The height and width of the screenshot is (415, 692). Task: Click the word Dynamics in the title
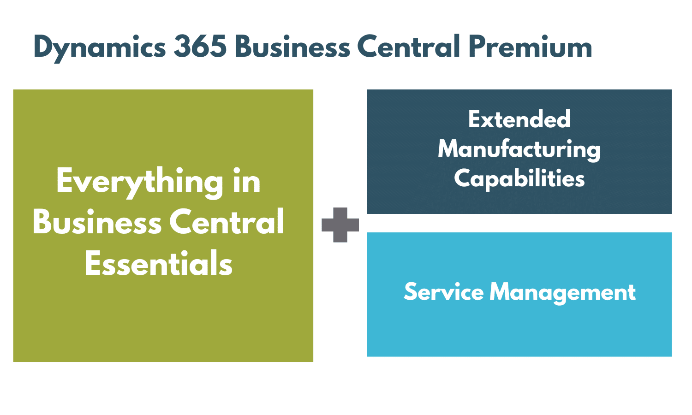pyautogui.click(x=100, y=47)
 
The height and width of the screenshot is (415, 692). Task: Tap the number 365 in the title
pyautogui.click(x=200, y=47)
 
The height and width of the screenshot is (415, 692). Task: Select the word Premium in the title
pyautogui.click(x=531, y=47)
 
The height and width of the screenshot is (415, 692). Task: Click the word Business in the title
pyautogui.click(x=292, y=47)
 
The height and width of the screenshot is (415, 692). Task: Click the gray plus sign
pyautogui.click(x=340, y=225)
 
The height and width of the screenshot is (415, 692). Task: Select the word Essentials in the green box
pyautogui.click(x=159, y=264)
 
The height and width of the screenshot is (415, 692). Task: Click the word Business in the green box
pyautogui.click(x=97, y=222)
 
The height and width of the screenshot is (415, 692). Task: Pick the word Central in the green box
pyautogui.click(x=227, y=222)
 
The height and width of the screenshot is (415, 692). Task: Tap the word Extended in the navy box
pyautogui.click(x=519, y=119)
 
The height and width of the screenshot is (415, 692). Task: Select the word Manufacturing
pyautogui.click(x=519, y=149)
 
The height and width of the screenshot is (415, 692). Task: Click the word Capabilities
pyautogui.click(x=519, y=179)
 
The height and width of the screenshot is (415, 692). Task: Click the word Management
pyautogui.click(x=563, y=293)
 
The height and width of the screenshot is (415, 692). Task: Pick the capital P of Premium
pyautogui.click(x=478, y=47)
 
